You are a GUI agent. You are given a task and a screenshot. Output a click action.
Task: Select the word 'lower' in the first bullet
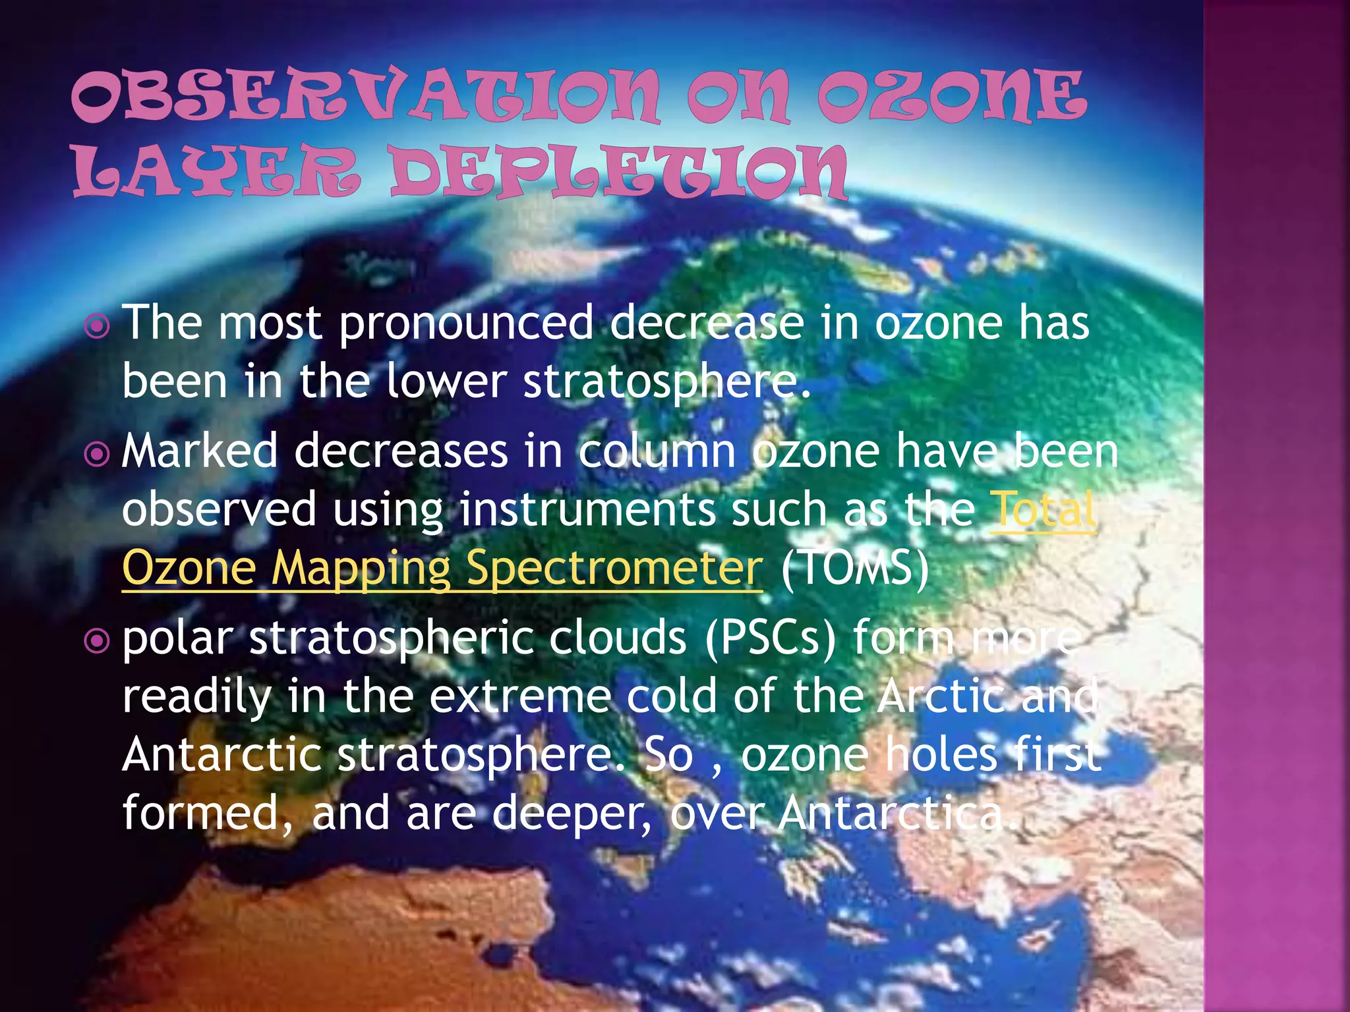pos(446,381)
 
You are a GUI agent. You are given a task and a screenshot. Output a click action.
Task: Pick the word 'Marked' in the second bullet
pos(200,452)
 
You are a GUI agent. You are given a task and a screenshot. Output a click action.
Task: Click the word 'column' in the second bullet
pos(657,452)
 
